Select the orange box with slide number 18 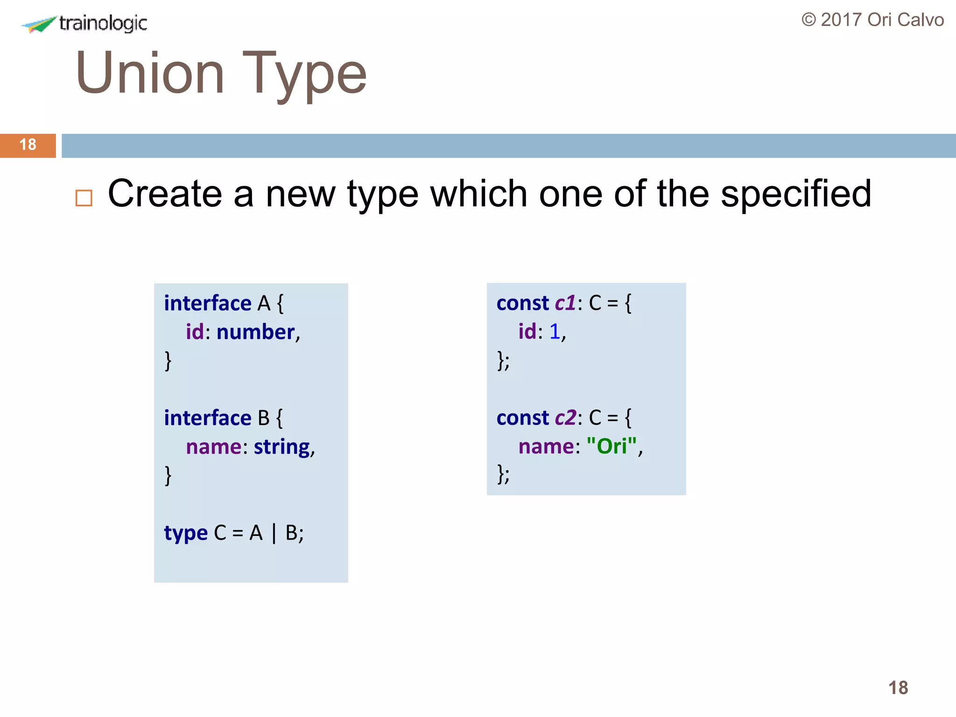pos(28,145)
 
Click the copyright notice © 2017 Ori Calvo pos(872,20)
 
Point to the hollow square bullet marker pos(84,198)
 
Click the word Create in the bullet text pos(165,193)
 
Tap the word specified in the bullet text pos(796,194)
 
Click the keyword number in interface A pos(255,332)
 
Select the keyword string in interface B pos(282,447)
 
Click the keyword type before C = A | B pos(186,533)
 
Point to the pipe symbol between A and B pos(274,533)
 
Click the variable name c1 pos(565,303)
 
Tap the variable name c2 pos(565,418)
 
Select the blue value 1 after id pos(555,331)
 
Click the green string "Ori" pos(612,446)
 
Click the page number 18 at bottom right pos(898,688)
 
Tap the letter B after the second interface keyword pos(264,418)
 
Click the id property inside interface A pos(195,332)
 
